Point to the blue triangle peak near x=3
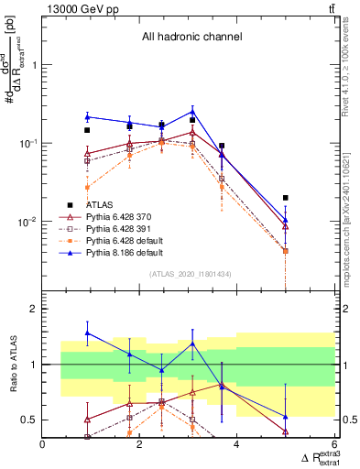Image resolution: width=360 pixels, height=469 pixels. click(191, 111)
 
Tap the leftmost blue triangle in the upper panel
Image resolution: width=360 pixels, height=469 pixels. click(87, 116)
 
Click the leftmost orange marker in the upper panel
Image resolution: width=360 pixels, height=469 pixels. click(87, 188)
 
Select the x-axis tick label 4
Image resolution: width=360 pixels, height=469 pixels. click(237, 445)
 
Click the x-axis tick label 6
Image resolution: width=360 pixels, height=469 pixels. click(334, 445)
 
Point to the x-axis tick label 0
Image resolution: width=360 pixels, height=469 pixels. click(43, 445)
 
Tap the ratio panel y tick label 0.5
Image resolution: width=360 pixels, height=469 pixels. click(29, 420)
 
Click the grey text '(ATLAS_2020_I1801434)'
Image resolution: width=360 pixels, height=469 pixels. click(189, 274)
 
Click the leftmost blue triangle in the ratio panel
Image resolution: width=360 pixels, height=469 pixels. click(87, 333)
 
